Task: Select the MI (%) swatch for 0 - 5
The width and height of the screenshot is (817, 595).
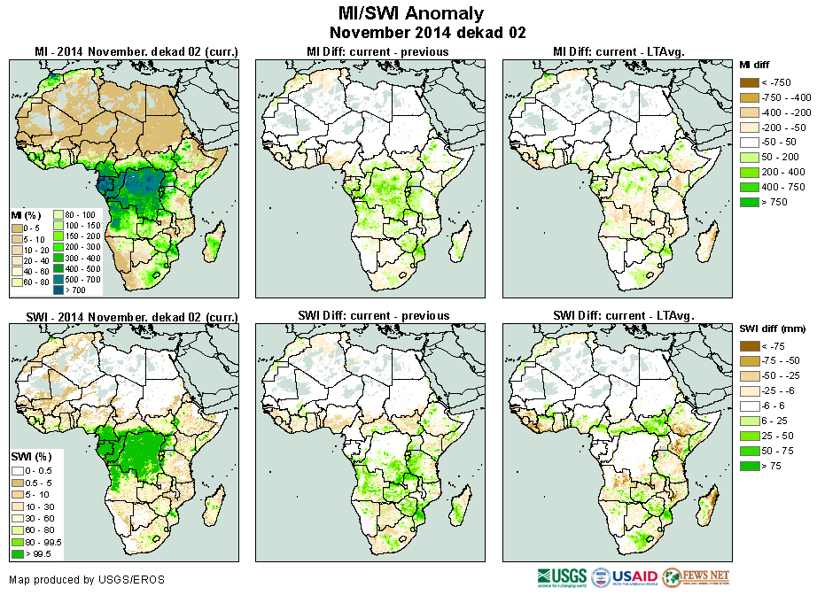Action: (18, 228)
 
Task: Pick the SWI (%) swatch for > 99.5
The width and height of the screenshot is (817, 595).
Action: (17, 554)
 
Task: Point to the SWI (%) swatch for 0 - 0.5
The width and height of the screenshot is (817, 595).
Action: (17, 469)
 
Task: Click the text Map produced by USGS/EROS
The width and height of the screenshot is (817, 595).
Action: (87, 580)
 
